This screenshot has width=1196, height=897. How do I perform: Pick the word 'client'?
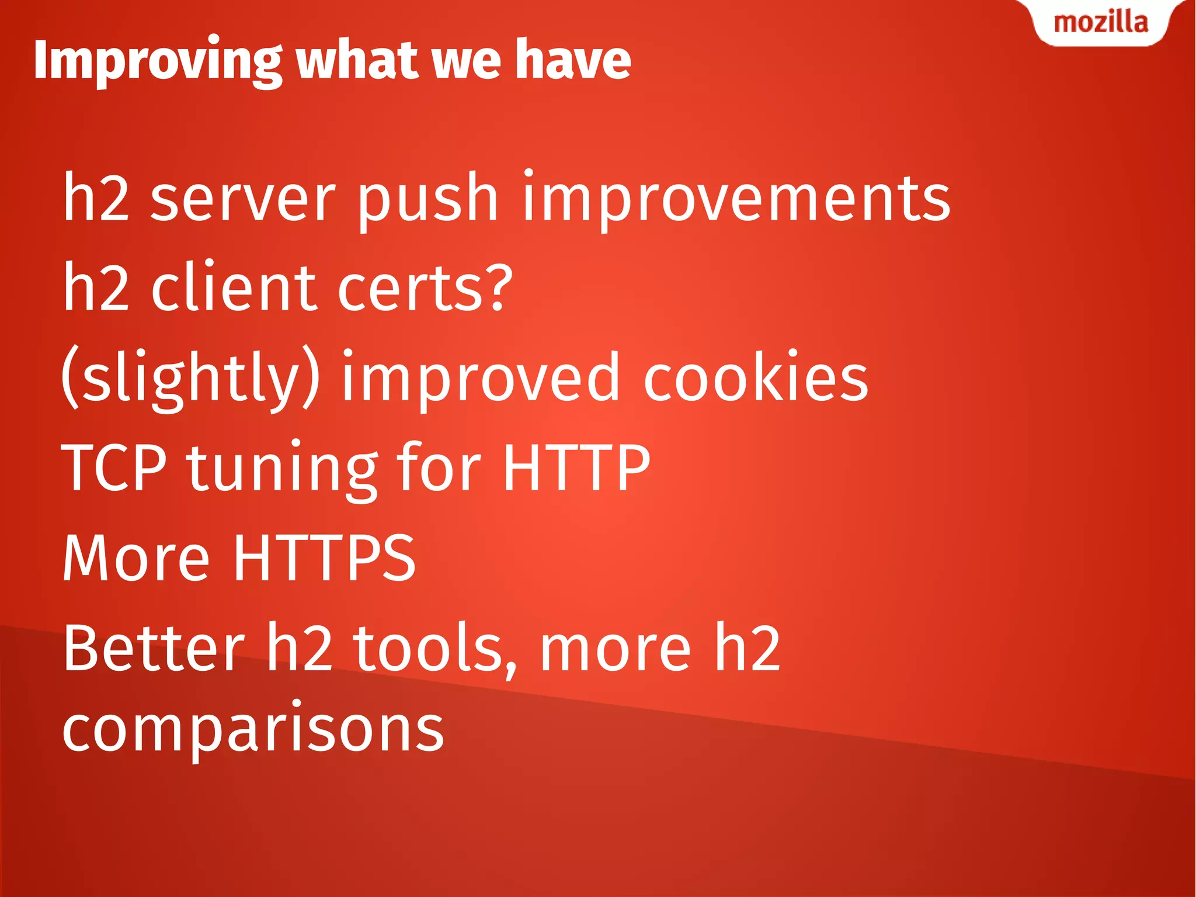(234, 288)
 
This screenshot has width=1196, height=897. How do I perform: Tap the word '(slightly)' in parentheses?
(190, 379)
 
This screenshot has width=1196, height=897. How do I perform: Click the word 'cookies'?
(756, 379)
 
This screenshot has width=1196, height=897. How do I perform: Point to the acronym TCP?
(114, 467)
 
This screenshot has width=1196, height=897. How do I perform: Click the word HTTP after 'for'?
(576, 467)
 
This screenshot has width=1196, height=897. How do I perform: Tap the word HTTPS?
(325, 557)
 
